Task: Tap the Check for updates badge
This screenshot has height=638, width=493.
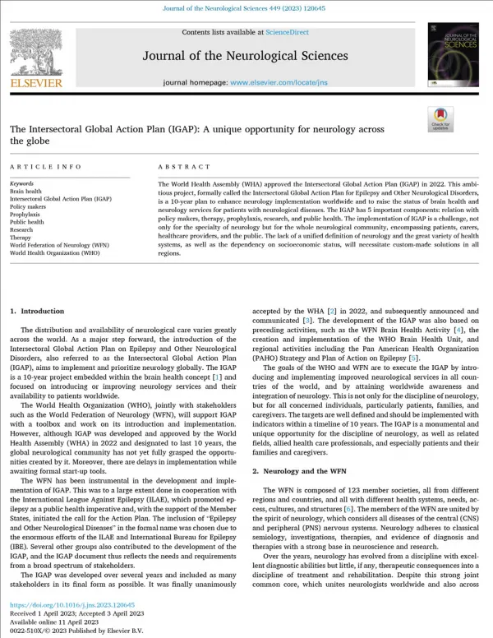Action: (440, 118)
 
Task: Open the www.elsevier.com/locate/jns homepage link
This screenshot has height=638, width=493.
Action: (269, 83)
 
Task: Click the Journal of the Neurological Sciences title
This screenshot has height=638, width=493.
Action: (245, 56)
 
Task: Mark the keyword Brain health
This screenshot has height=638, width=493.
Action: (25, 191)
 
